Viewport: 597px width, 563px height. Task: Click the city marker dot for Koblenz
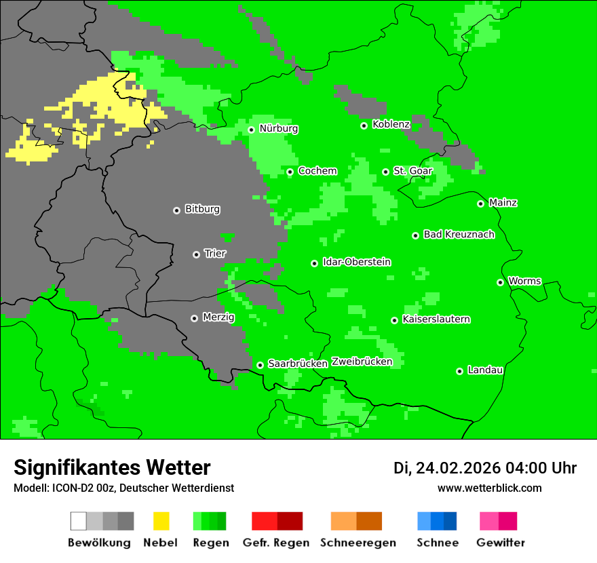[x=364, y=125]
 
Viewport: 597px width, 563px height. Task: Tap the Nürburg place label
[x=278, y=128]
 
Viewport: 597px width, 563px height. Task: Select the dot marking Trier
[x=197, y=254]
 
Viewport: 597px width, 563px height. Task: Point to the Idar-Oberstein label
[x=357, y=262]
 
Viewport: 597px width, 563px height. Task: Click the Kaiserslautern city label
[x=436, y=319]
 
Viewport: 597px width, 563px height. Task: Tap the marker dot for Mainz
[x=481, y=203]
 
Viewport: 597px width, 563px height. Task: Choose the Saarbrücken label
[x=298, y=364]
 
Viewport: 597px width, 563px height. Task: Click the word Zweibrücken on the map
[x=362, y=362]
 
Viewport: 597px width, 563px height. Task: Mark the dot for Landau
[x=460, y=371]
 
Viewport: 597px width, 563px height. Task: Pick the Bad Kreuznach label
[x=459, y=234]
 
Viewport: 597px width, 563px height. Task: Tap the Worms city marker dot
[x=501, y=282]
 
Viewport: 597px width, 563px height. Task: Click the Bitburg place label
[x=202, y=209]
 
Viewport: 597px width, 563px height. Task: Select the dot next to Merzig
[x=195, y=318]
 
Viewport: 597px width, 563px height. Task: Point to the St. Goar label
[x=412, y=171]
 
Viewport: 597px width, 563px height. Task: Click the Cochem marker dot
[x=290, y=172]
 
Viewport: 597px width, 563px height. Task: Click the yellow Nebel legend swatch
[x=161, y=521]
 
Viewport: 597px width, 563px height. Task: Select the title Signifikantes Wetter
[x=112, y=467]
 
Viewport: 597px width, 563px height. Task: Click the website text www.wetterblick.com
[x=489, y=488]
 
